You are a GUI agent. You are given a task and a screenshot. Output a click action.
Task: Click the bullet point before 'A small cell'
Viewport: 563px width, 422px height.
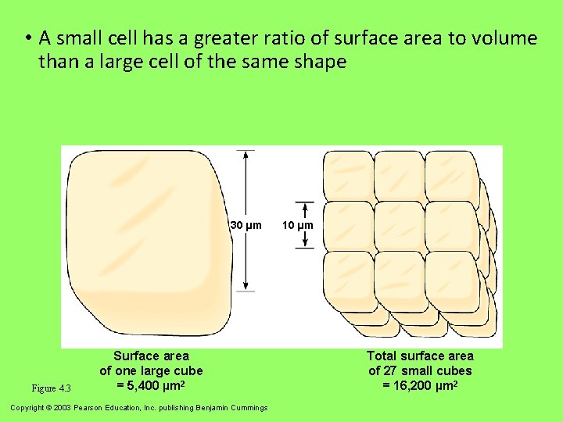(27, 38)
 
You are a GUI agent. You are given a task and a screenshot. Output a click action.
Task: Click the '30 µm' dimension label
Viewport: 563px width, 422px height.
(246, 226)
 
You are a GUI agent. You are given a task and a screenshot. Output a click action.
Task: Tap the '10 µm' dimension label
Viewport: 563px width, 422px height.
(298, 226)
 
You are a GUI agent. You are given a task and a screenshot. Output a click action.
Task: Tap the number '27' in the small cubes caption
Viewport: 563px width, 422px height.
(389, 370)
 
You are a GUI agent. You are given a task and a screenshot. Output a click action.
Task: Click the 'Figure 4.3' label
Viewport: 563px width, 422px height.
(52, 388)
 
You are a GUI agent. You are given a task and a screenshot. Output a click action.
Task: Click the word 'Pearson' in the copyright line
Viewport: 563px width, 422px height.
(89, 407)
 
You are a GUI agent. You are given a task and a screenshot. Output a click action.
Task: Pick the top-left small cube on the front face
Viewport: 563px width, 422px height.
(347, 175)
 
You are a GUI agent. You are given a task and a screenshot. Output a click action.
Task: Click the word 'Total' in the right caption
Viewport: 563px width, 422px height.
(383, 356)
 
